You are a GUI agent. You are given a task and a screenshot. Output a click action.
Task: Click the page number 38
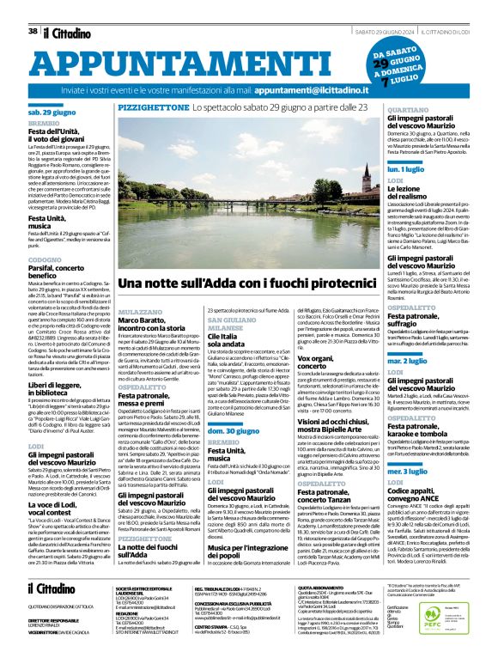pyautogui.click(x=33, y=31)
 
